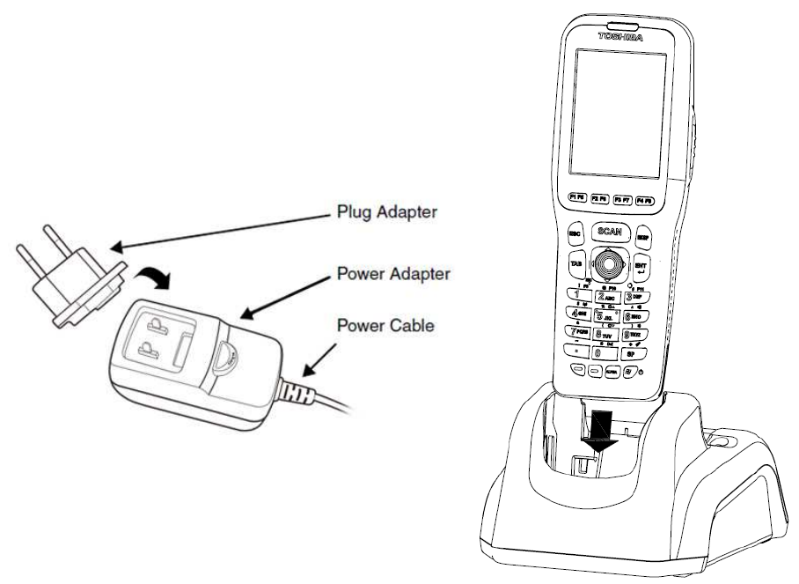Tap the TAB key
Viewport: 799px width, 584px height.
[x=575, y=264]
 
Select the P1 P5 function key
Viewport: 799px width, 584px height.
[x=578, y=198]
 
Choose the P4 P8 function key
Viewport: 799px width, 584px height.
[x=645, y=200]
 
